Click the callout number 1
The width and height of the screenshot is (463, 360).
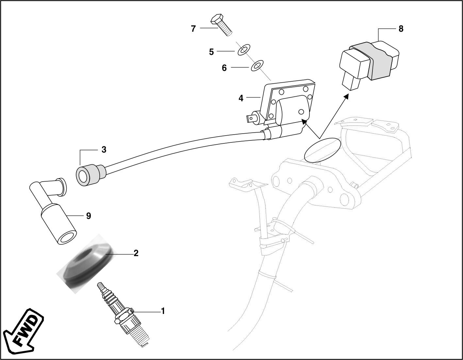[163, 311]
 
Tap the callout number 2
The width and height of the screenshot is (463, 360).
[136, 253]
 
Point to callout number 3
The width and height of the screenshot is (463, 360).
[104, 150]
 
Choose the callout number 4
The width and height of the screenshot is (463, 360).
[241, 98]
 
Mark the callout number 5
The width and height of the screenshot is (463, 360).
[211, 52]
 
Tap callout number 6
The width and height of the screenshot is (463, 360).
[224, 68]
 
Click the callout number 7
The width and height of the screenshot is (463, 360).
[193, 29]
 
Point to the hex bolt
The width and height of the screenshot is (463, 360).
[221, 24]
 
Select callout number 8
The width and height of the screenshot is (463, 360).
[401, 29]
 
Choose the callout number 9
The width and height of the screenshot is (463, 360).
[89, 216]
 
